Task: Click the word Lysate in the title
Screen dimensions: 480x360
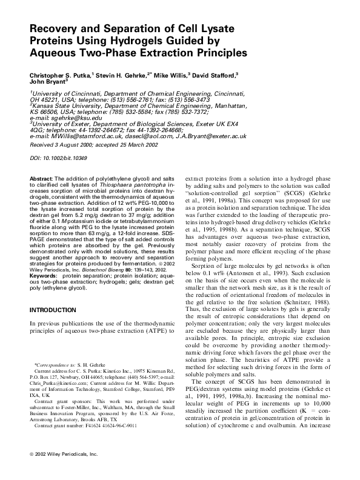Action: point(216,30)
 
